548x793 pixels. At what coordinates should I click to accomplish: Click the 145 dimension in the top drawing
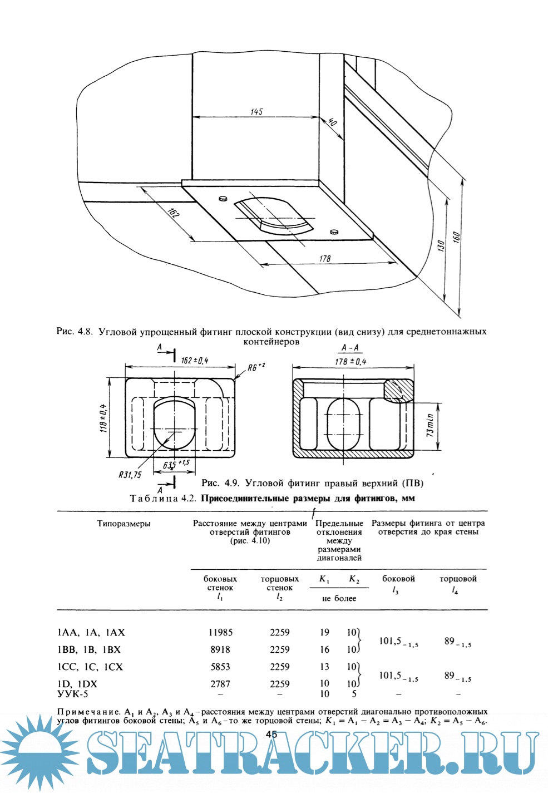click(256, 112)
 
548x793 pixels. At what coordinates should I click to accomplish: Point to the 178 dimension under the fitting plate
click(325, 258)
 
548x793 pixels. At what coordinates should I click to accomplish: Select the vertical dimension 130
click(441, 245)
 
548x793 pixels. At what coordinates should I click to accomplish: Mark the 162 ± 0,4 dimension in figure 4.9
click(195, 361)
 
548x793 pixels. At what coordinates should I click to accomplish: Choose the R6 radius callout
click(256, 367)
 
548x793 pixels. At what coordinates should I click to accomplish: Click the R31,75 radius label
click(130, 475)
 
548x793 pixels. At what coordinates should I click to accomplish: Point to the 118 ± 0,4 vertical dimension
click(103, 418)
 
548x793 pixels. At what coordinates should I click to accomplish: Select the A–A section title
click(350, 348)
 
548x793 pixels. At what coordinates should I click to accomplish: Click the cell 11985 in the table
click(220, 632)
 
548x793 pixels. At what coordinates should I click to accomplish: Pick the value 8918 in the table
click(220, 649)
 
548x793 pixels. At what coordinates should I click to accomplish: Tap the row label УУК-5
click(72, 694)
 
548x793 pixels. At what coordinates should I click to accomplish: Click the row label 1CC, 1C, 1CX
click(90, 667)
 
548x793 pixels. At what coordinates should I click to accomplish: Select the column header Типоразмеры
click(124, 524)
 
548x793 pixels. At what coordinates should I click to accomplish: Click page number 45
click(271, 734)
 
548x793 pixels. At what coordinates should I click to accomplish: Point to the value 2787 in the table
click(220, 684)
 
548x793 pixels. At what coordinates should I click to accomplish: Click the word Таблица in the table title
click(154, 498)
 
